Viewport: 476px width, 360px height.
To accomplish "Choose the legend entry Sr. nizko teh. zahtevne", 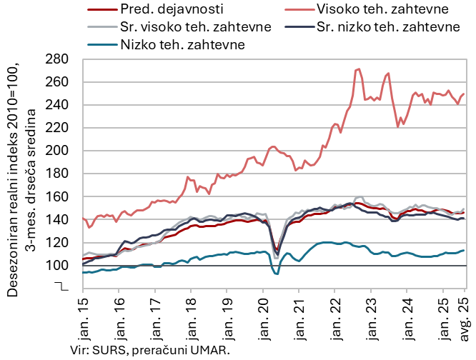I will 387,27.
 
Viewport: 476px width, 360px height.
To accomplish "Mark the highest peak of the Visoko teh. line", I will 359,69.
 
